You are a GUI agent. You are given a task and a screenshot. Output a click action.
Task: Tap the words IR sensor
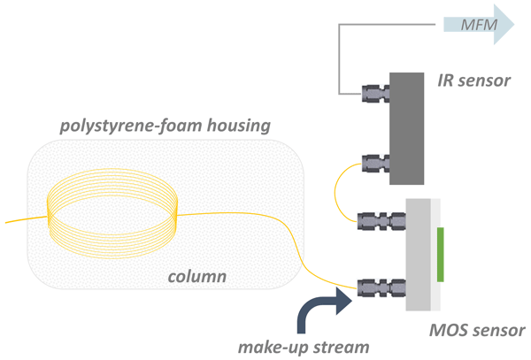pos(474,81)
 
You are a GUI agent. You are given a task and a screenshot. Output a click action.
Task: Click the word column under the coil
pos(198,277)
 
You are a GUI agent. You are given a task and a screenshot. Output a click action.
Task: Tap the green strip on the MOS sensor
pos(440,254)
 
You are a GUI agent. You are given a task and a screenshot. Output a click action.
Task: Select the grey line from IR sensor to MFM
pos(340,53)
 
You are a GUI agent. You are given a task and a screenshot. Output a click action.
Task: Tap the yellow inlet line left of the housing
pos(18,219)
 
